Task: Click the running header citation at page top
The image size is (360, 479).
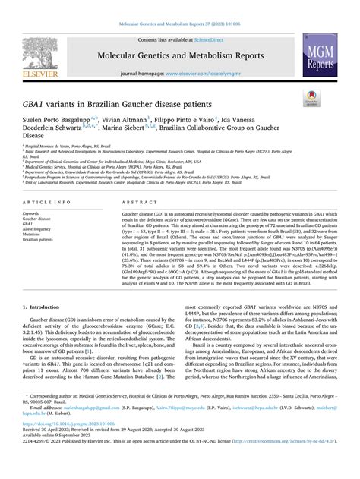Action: [x=180, y=25]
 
